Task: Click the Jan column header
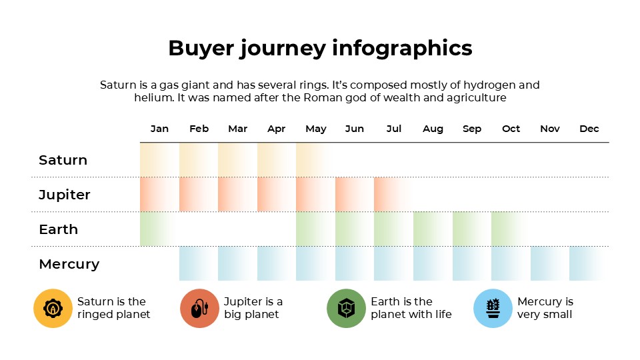[159, 129]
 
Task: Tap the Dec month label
[589, 129]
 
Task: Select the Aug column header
[433, 129]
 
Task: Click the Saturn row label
[63, 160]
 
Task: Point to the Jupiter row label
[65, 195]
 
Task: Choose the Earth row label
[59, 229]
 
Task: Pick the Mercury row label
[69, 264]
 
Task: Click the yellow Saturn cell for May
[315, 160]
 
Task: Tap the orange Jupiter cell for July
[393, 195]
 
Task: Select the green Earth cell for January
[159, 229]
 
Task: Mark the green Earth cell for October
[510, 229]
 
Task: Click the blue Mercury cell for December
[588, 264]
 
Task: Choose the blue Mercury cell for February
[198, 264]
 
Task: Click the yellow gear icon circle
[53, 309]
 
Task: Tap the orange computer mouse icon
[199, 309]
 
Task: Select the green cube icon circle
[346, 309]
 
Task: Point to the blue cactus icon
[493, 309]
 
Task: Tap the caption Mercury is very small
[545, 308]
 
